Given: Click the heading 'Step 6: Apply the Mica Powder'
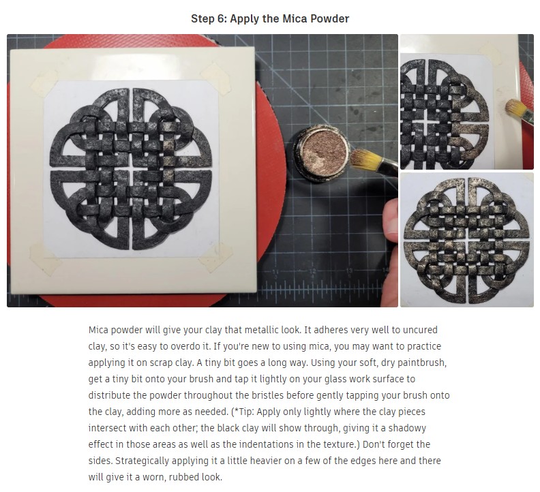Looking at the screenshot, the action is [x=270, y=18].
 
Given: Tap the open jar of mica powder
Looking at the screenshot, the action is [x=321, y=153].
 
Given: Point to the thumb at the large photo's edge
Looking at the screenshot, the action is [x=391, y=220].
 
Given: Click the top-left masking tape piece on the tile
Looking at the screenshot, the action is [x=44, y=82].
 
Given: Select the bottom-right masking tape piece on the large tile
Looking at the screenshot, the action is [x=213, y=256].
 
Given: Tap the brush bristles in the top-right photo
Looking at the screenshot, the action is [x=515, y=108].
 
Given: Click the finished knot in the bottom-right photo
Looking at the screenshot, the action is [x=466, y=241].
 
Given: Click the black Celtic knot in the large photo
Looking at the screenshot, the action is [x=131, y=169].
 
